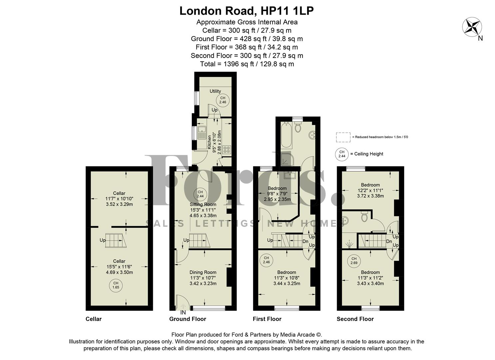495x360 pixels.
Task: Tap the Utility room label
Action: point(215,91)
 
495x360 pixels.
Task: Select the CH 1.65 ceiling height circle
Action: point(116,285)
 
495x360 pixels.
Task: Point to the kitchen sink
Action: point(202,132)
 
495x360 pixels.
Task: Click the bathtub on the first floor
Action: point(286,135)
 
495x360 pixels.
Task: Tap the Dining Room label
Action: point(203,272)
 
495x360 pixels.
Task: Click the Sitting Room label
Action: point(203,204)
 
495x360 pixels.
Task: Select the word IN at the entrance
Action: point(183,313)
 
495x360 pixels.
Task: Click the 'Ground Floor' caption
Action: point(188,319)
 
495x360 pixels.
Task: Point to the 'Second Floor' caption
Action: point(355,319)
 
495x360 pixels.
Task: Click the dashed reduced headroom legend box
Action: point(343,137)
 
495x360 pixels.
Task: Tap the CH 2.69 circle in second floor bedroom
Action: point(354,261)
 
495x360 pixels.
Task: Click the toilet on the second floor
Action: point(365,217)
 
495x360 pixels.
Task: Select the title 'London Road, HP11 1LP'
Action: point(247,11)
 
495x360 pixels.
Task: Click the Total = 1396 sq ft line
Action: point(247,64)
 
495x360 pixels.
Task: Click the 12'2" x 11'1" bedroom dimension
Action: point(370,191)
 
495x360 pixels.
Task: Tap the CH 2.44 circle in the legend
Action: point(341,154)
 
